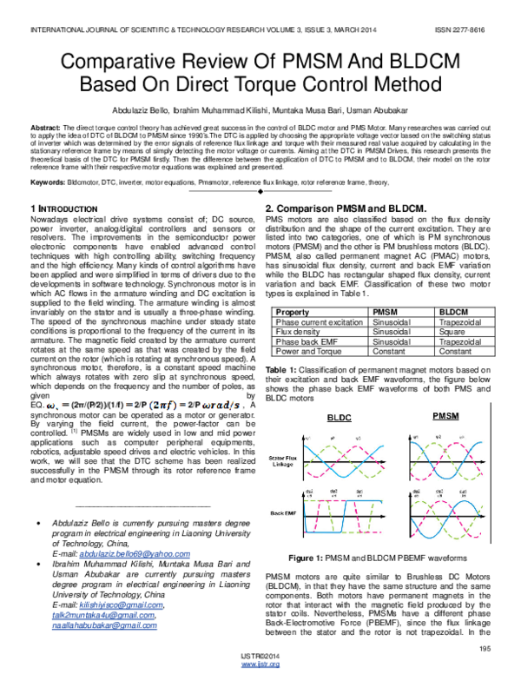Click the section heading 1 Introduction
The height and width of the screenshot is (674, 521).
(63, 209)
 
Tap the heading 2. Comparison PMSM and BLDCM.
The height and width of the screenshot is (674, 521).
(345, 209)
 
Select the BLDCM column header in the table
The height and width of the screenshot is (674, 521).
(452, 310)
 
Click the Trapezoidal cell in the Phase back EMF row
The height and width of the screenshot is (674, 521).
(458, 341)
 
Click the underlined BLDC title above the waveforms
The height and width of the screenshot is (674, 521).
(339, 418)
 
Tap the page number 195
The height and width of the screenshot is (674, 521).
(485, 648)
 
